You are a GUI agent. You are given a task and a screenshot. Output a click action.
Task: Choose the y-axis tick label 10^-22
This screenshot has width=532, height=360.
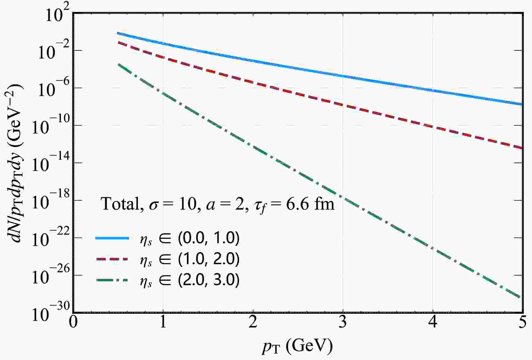pyautogui.click(x=49, y=239)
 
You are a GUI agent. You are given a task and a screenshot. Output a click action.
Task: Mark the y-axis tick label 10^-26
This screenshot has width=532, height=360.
pyautogui.click(x=49, y=276)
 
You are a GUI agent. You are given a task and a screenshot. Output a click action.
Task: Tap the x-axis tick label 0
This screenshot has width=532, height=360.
pyautogui.click(x=73, y=323)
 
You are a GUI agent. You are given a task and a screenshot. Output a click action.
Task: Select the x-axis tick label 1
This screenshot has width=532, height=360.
pyautogui.click(x=163, y=323)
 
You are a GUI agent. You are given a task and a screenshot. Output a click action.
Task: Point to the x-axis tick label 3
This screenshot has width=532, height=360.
pyautogui.click(x=343, y=323)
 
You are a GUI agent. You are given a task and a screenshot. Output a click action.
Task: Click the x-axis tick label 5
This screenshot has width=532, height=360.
pyautogui.click(x=522, y=323)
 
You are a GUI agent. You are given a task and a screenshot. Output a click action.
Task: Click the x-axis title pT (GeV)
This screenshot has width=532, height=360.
pyautogui.click(x=297, y=347)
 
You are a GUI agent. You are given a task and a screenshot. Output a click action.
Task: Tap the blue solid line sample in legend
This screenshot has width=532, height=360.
pyautogui.click(x=112, y=238)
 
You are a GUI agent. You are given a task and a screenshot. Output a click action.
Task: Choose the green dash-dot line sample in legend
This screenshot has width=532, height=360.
pyautogui.click(x=112, y=280)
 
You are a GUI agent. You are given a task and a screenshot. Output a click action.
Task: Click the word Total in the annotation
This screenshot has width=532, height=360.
pyautogui.click(x=120, y=204)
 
